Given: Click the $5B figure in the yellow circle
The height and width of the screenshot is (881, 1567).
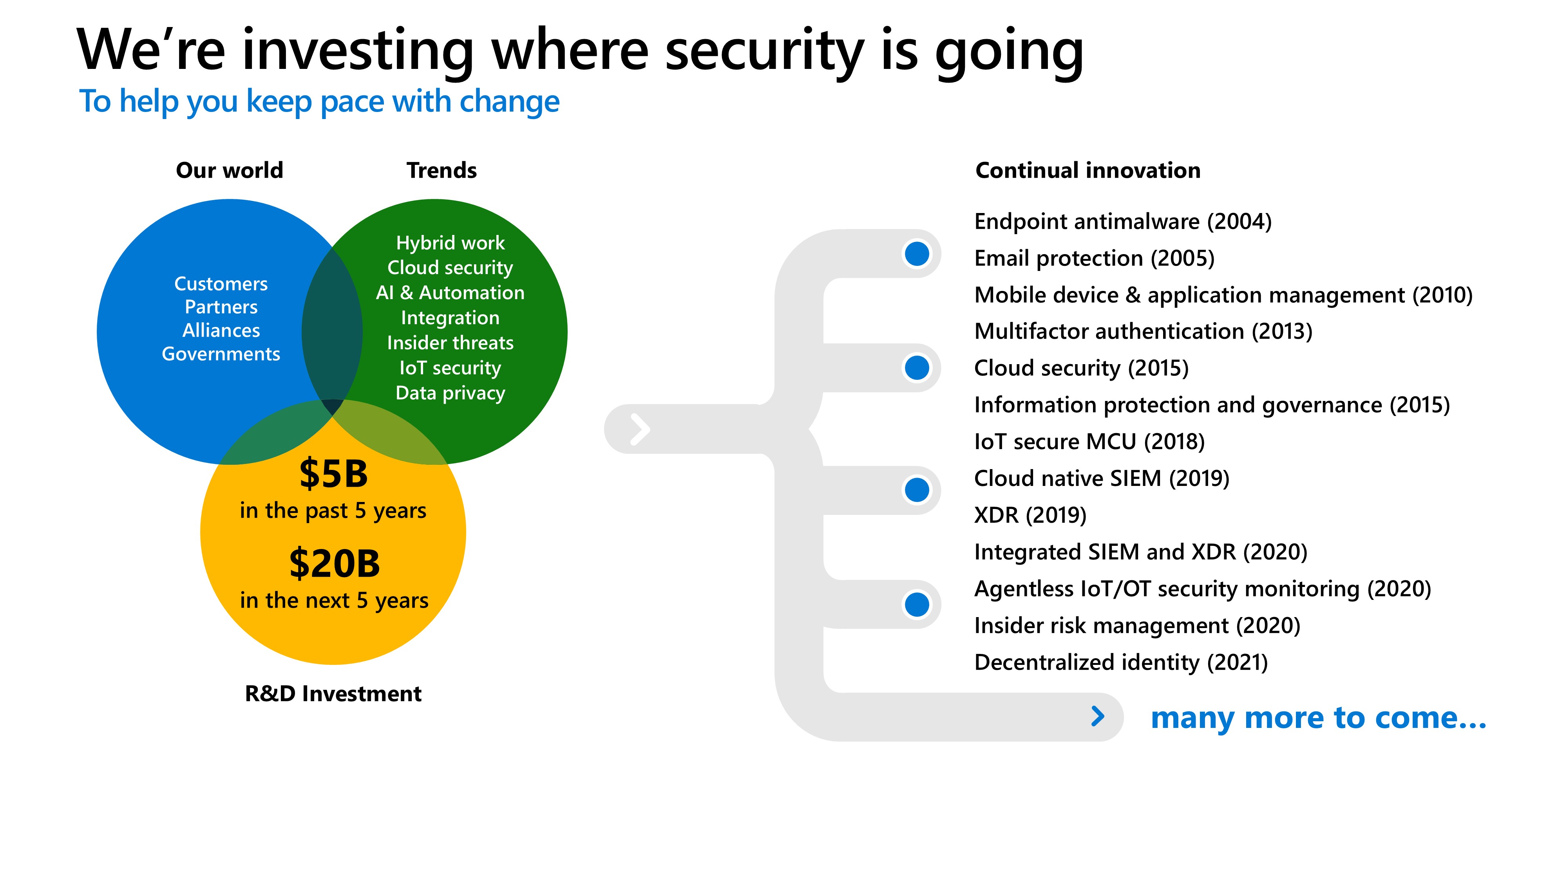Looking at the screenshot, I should point(333,474).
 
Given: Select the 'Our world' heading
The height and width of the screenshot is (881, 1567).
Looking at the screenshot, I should point(229,170).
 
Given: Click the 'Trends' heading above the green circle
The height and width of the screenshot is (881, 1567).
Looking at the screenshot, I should point(442,170).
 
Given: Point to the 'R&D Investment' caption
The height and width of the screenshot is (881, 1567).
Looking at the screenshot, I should point(333,694).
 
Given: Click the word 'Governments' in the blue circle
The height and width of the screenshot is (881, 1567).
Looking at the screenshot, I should point(221,354).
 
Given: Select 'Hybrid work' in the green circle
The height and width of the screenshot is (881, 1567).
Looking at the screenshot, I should point(450,243).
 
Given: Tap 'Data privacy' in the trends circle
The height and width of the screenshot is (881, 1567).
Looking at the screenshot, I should point(450,394).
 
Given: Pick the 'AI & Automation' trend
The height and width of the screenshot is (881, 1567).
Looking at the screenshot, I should point(450,293).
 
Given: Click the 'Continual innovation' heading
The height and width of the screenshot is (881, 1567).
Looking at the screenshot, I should point(1087,170).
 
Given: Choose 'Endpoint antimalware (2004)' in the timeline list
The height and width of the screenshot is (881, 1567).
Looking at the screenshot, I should point(1123,221).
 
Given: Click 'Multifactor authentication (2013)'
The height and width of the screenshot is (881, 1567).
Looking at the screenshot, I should point(1143,331).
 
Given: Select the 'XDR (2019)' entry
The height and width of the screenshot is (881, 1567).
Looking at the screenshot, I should point(1030,515).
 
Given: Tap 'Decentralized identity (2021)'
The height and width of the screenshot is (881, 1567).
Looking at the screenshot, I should point(1120,662).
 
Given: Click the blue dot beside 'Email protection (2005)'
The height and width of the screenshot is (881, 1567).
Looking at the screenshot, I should point(917,254).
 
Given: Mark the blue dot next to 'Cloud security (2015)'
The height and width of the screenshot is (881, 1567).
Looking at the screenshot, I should point(917,367).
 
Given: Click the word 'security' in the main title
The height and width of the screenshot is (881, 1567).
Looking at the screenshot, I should point(765,52).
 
